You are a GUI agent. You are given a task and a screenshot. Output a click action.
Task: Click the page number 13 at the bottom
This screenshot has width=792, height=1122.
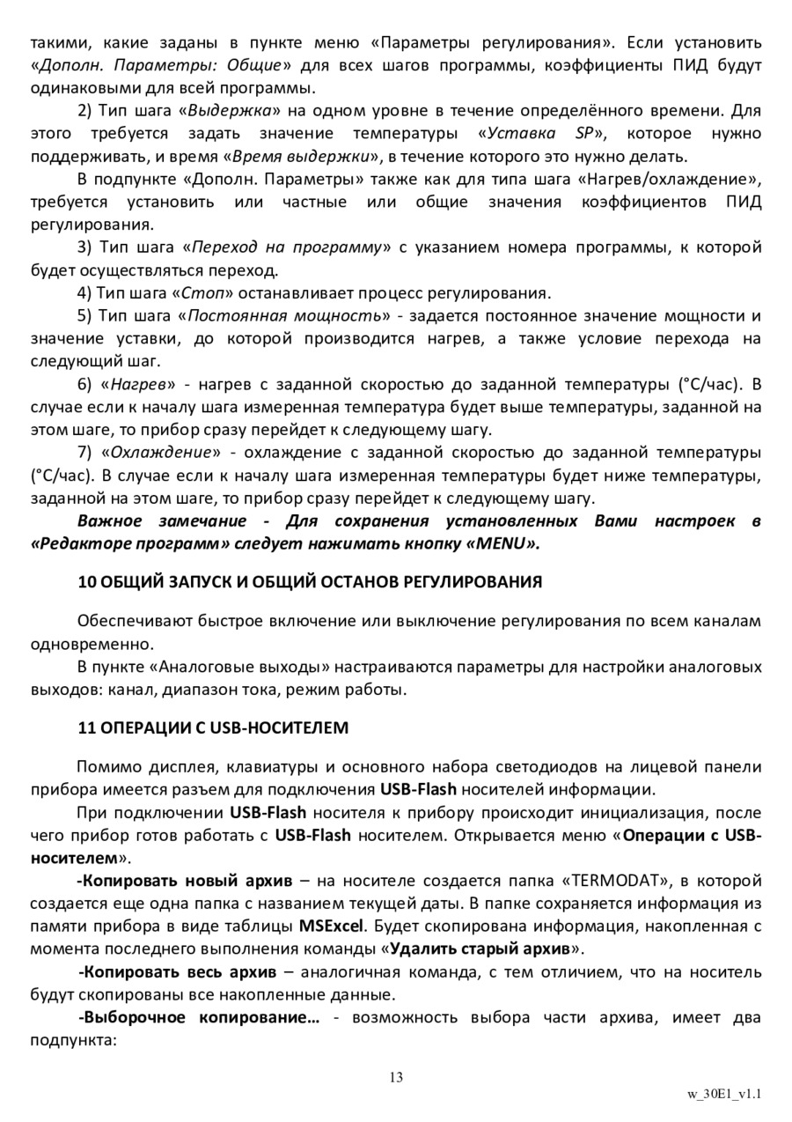(x=395, y=1077)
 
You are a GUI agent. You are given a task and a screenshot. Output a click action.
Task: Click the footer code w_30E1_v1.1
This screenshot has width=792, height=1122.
(x=724, y=1095)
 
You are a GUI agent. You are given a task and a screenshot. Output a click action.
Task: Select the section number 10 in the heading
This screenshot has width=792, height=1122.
(x=85, y=582)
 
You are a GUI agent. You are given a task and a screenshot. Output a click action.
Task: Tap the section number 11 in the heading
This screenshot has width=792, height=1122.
(x=85, y=728)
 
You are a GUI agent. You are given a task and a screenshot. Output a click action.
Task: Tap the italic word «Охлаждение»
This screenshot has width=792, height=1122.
(x=162, y=453)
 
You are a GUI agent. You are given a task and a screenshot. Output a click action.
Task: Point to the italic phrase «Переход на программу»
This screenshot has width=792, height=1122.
(x=286, y=247)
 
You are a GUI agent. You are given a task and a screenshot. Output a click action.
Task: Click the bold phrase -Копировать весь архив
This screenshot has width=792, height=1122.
(x=178, y=972)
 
